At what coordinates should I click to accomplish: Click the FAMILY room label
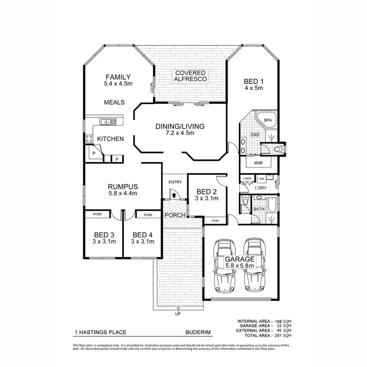[x=118, y=77]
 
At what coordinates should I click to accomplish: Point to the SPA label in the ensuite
[x=267, y=120]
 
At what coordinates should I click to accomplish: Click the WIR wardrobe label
[x=258, y=162]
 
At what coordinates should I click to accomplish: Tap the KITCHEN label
[x=110, y=139]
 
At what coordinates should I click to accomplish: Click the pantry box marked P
[x=93, y=154]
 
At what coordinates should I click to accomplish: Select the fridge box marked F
[x=117, y=159]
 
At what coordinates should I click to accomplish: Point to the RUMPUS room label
[x=123, y=186]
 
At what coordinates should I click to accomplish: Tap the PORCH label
[x=175, y=215]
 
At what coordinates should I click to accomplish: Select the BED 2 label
[x=206, y=191]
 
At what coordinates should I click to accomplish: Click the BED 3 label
[x=104, y=234]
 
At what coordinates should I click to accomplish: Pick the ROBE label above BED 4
[x=147, y=215]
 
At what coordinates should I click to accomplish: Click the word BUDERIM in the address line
[x=198, y=332]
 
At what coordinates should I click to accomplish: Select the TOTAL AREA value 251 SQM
[x=284, y=336]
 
